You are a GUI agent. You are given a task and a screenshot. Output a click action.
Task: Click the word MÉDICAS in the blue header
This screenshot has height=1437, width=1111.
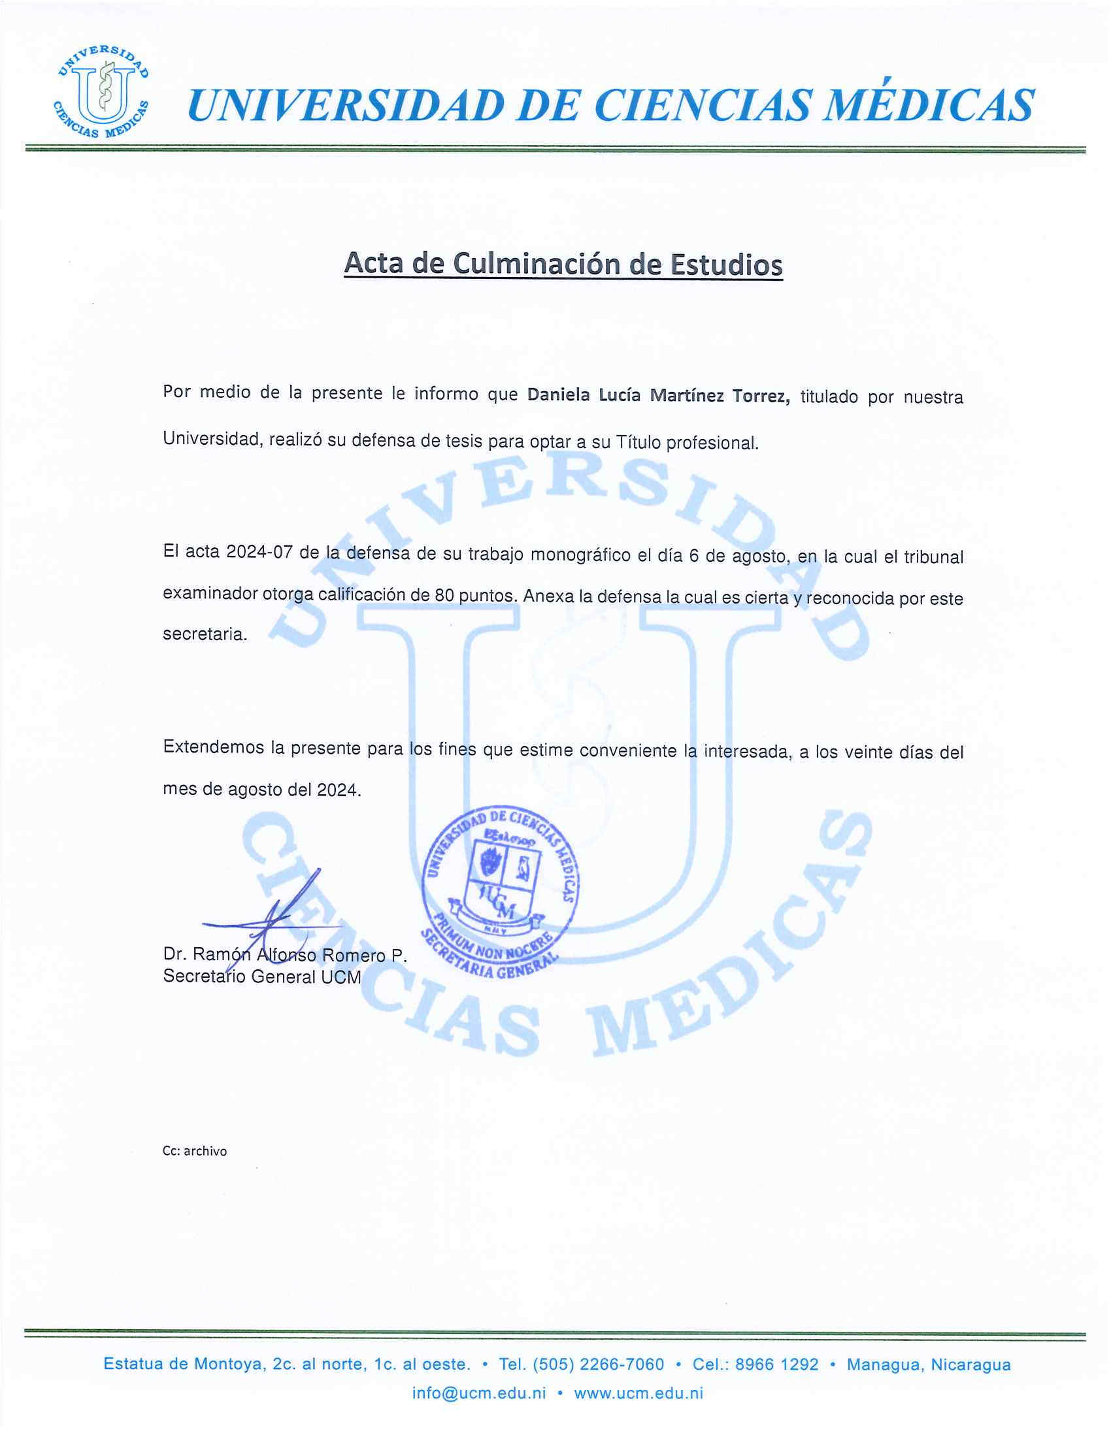(x=929, y=106)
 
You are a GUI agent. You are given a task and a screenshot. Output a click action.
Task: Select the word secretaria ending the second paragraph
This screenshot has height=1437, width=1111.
(x=205, y=634)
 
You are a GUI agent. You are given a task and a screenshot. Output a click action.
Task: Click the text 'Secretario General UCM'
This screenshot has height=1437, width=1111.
(x=262, y=977)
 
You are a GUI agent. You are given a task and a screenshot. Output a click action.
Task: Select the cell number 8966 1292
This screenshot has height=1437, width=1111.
(x=776, y=1364)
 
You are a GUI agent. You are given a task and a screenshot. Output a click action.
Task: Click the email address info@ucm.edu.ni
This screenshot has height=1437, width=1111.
(x=478, y=1393)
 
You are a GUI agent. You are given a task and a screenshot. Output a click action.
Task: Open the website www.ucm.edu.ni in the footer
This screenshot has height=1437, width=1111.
(x=638, y=1393)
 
